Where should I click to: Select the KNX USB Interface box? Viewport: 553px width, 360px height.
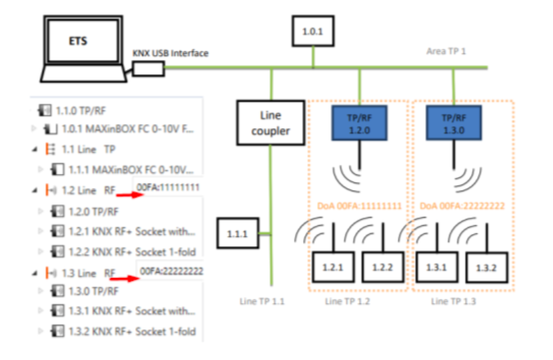(x=148, y=68)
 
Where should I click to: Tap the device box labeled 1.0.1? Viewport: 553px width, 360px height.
(x=312, y=31)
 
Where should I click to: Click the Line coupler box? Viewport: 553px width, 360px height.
(x=269, y=123)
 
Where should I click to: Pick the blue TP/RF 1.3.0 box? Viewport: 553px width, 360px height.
(x=453, y=123)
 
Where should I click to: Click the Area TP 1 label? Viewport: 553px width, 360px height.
(x=449, y=51)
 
